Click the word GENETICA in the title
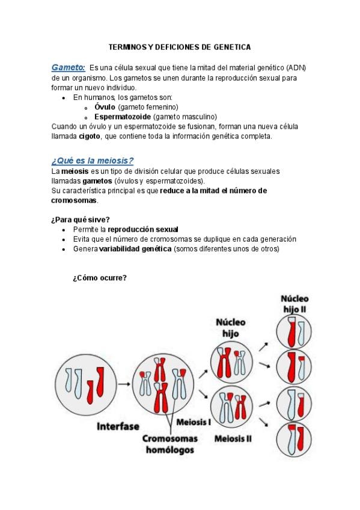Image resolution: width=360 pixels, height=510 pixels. click(232, 47)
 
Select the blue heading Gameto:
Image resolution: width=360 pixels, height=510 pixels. click(69, 67)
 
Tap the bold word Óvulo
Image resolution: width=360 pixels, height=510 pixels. click(105, 107)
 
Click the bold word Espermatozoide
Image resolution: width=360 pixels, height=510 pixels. click(123, 117)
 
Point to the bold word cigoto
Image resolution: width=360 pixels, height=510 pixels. click(90, 137)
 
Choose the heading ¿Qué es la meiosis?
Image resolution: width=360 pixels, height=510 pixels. click(93, 161)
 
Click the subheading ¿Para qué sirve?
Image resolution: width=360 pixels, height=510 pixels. click(81, 220)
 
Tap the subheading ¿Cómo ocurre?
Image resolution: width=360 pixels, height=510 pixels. click(100, 278)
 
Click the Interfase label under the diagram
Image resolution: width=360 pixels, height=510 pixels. click(118, 426)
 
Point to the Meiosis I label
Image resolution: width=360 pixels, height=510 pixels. click(194, 422)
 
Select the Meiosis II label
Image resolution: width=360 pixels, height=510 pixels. click(233, 439)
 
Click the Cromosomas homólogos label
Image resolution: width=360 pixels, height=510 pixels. click(170, 444)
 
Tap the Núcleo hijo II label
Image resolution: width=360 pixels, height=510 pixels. click(294, 304)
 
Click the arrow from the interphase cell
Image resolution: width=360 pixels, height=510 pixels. click(124, 384)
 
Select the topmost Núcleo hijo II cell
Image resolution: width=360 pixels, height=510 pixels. click(294, 332)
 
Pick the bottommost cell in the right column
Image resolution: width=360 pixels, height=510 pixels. click(294, 440)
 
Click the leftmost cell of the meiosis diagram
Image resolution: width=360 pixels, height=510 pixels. click(85, 385)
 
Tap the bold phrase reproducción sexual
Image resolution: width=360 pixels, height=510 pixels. click(143, 230)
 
